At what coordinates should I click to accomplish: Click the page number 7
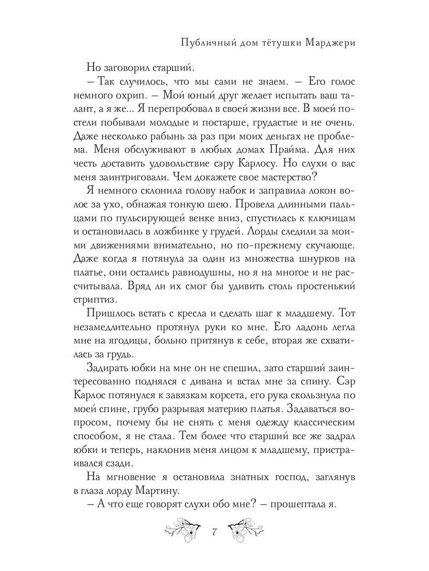point(214,531)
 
